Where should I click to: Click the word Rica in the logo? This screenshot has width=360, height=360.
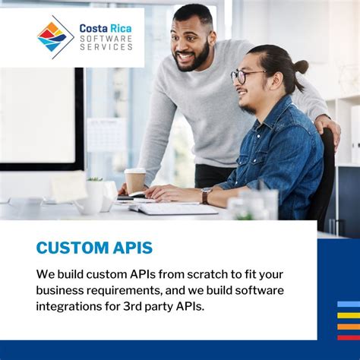pyautogui.click(x=116, y=28)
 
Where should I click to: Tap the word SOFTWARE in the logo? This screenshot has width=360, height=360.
pyautogui.click(x=106, y=38)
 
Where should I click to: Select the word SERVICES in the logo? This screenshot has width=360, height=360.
pyautogui.click(x=106, y=47)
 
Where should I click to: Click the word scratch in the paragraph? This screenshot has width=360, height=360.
pyautogui.click(x=189, y=273)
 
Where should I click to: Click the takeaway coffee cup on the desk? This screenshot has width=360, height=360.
pyautogui.click(x=135, y=181)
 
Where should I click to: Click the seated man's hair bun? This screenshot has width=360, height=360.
pyautogui.click(x=302, y=66)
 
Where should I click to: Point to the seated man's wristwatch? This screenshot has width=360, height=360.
pyautogui.click(x=207, y=196)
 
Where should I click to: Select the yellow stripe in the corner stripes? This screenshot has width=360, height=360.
pyautogui.click(x=348, y=314)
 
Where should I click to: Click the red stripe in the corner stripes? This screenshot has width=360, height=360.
pyautogui.click(x=348, y=337)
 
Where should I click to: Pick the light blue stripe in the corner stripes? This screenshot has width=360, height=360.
pyautogui.click(x=348, y=304)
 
